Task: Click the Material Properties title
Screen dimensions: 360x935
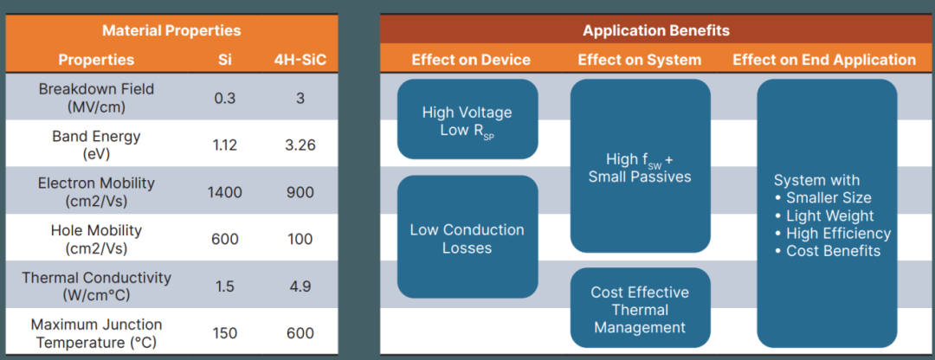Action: point(171,30)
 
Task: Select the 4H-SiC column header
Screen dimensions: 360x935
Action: point(300,60)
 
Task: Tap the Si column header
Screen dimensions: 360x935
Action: point(225,60)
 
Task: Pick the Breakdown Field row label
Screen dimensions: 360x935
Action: point(96,98)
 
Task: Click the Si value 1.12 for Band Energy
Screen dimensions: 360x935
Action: point(225,145)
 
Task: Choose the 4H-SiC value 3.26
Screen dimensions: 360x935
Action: point(300,145)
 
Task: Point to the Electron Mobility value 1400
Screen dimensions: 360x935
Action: point(225,192)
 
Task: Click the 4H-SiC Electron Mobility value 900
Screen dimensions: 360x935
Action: point(300,192)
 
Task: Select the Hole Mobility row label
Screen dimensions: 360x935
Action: point(96,239)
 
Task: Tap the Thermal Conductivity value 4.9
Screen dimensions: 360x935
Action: point(300,286)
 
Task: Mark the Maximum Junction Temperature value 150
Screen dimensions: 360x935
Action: point(225,333)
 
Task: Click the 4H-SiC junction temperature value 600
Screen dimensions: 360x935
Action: point(300,333)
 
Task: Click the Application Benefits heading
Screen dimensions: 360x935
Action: point(655,30)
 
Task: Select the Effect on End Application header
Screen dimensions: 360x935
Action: point(824,60)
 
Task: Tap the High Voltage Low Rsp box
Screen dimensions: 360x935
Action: point(467,120)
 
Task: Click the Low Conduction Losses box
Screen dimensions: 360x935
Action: point(467,238)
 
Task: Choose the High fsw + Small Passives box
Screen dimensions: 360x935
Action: point(640,167)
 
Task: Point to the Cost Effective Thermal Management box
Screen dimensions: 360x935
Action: point(640,309)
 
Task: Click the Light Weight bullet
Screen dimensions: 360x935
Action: point(829,215)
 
